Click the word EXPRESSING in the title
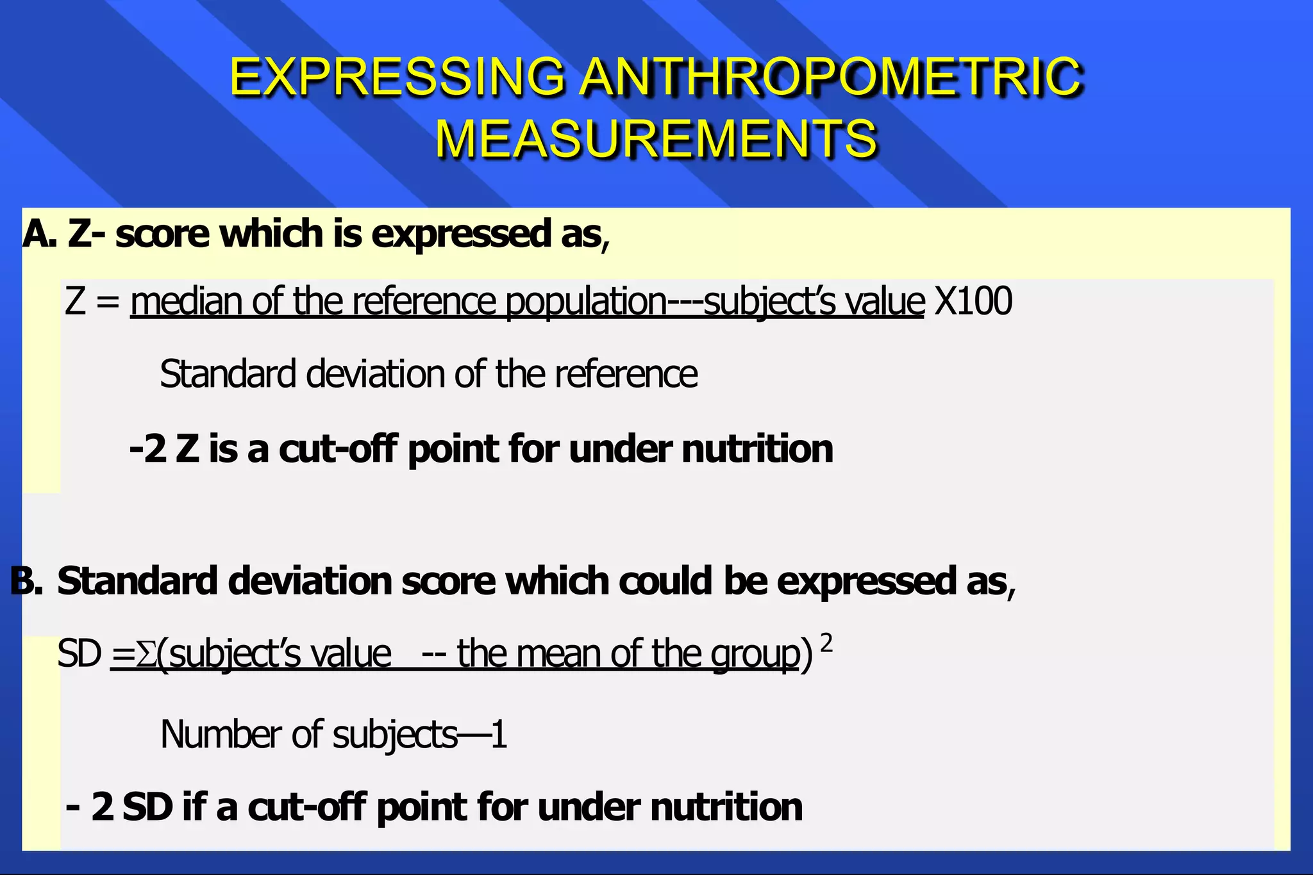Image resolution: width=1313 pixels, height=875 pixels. (x=397, y=77)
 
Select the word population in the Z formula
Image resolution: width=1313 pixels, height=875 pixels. (x=586, y=302)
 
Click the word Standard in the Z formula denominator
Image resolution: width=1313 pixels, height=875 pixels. (x=228, y=374)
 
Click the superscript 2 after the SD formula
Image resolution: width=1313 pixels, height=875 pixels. (x=826, y=642)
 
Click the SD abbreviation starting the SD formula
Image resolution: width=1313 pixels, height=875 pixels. (x=79, y=655)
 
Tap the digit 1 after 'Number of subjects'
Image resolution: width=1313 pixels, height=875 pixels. (x=499, y=735)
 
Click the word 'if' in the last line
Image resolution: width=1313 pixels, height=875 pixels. (x=195, y=806)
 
